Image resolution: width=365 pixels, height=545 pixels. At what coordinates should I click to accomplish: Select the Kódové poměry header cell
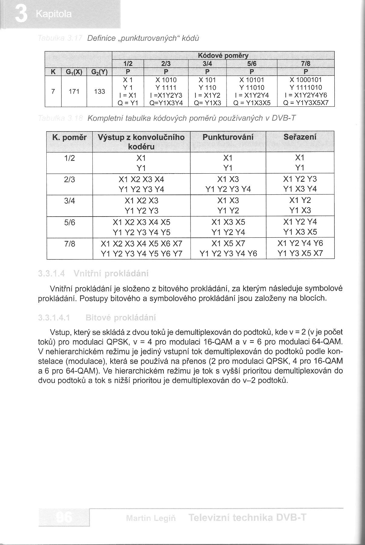click(223, 55)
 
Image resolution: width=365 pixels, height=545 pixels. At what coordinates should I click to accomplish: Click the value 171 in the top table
click(74, 91)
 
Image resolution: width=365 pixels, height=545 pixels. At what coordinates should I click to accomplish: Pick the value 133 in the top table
click(99, 91)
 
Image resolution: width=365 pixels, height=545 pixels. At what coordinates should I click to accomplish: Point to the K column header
click(53, 72)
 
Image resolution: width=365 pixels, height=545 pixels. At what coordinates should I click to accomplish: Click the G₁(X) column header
click(74, 72)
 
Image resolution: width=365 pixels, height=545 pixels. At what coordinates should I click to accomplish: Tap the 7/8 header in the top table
click(306, 64)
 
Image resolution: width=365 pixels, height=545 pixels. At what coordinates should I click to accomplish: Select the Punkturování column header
click(228, 137)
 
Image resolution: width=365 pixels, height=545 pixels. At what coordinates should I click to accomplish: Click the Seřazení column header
click(300, 137)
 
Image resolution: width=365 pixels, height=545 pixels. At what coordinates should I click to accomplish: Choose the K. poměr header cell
click(69, 138)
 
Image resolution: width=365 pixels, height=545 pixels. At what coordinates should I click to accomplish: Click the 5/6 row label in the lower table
click(69, 223)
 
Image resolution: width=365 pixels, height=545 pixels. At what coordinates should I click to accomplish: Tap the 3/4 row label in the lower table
click(69, 201)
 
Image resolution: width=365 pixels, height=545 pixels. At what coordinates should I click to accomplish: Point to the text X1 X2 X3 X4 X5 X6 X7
click(141, 244)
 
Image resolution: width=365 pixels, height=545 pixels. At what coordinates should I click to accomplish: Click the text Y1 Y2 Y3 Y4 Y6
click(228, 254)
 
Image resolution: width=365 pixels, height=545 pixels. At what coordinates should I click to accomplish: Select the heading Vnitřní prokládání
click(111, 274)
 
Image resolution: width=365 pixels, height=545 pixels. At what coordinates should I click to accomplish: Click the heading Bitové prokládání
click(121, 318)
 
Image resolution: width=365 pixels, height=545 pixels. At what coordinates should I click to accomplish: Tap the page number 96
click(64, 518)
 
